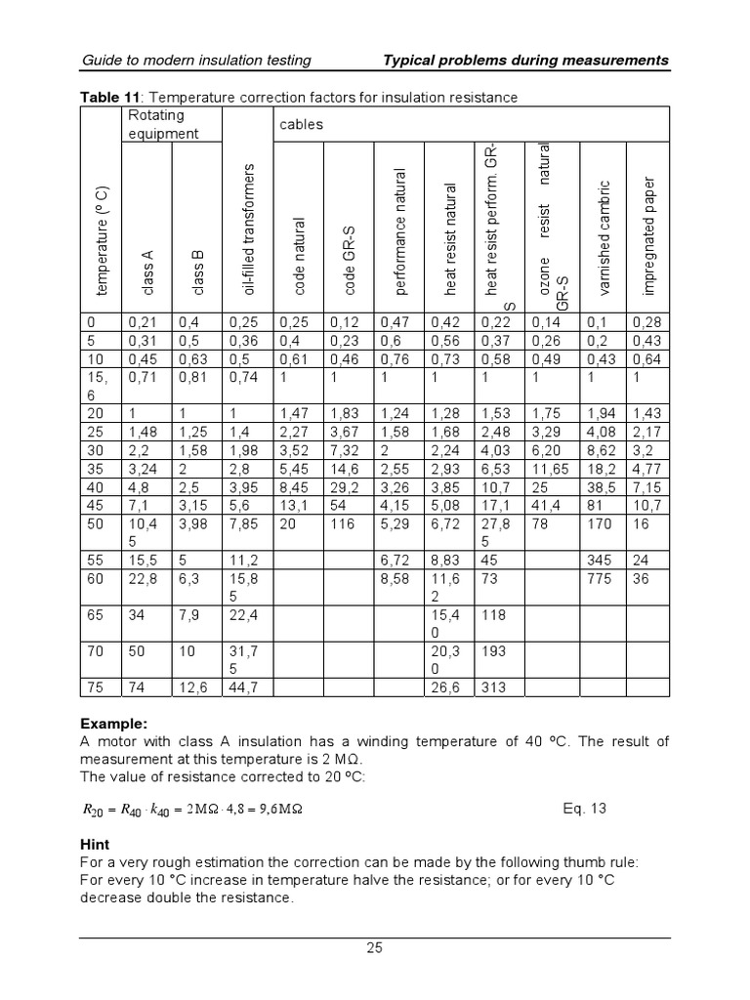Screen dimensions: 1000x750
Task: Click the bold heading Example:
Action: (x=112, y=725)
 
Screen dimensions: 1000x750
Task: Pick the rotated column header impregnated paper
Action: (x=649, y=234)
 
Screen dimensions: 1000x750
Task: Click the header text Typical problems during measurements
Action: (x=527, y=61)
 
